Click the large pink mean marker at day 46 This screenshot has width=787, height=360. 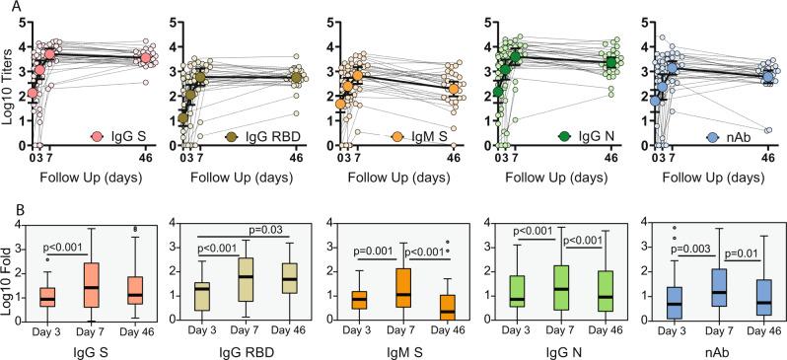pos(147,58)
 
